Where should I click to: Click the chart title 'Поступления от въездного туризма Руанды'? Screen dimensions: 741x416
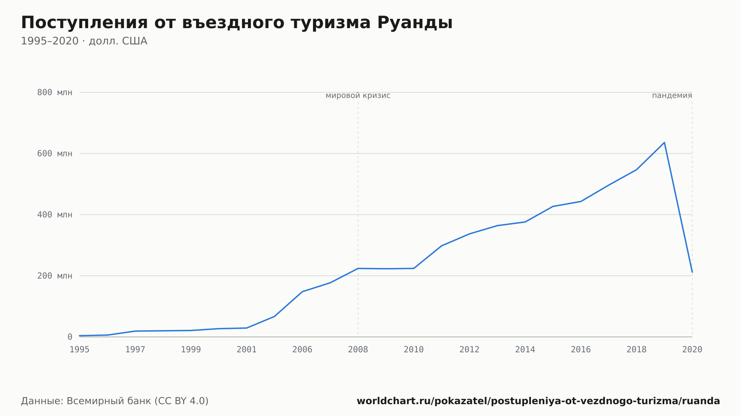click(x=237, y=23)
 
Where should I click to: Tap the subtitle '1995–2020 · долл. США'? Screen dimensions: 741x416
click(x=84, y=41)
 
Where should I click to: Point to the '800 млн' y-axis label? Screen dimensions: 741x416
click(x=55, y=93)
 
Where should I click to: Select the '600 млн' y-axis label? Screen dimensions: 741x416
click(x=55, y=154)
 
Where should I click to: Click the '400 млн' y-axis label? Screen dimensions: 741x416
click(x=55, y=215)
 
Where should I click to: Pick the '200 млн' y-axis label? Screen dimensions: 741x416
click(x=55, y=276)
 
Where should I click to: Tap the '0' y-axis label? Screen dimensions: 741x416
click(x=70, y=337)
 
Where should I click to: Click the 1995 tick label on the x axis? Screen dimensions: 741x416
click(x=80, y=350)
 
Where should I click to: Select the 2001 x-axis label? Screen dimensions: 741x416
click(x=247, y=350)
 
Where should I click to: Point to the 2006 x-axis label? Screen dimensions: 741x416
click(x=302, y=350)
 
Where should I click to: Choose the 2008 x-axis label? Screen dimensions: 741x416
click(x=358, y=350)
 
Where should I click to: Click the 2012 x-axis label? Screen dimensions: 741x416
click(x=469, y=350)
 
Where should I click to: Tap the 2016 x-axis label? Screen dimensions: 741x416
click(x=581, y=350)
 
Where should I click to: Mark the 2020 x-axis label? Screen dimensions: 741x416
click(x=692, y=350)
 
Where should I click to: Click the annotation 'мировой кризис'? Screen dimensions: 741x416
click(x=358, y=96)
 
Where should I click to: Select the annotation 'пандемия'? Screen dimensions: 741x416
click(x=672, y=96)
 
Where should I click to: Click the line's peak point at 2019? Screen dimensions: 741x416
click(x=664, y=142)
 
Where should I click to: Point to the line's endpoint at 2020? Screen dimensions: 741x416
click(x=692, y=272)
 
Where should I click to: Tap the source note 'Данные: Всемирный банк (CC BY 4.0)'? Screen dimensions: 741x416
click(x=115, y=401)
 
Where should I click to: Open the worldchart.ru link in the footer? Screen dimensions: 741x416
click(x=538, y=401)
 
